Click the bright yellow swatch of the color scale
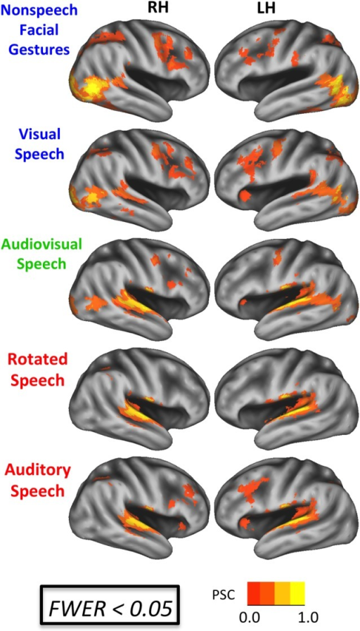click(297, 593)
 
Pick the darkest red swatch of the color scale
click(253, 593)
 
